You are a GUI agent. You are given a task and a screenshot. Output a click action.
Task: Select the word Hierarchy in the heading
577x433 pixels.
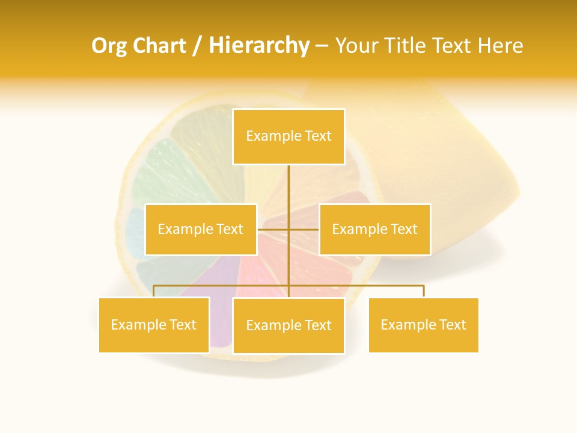(258, 46)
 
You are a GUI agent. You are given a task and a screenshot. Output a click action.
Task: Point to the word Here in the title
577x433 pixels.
(500, 46)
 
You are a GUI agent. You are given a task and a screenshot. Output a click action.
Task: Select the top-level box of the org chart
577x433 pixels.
(288, 137)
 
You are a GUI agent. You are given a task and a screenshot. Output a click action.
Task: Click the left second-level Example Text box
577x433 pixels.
(201, 229)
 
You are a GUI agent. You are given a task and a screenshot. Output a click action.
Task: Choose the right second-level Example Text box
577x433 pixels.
(374, 229)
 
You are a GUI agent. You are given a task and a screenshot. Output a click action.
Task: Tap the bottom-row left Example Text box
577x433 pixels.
(154, 325)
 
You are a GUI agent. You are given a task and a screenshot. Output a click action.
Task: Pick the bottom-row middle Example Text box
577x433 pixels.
(288, 325)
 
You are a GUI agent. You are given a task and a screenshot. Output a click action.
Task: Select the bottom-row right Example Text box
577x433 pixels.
(423, 325)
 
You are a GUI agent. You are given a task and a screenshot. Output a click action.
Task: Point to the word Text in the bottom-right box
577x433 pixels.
(453, 325)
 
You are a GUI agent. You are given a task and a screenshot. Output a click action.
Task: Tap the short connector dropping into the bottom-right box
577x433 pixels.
(424, 291)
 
